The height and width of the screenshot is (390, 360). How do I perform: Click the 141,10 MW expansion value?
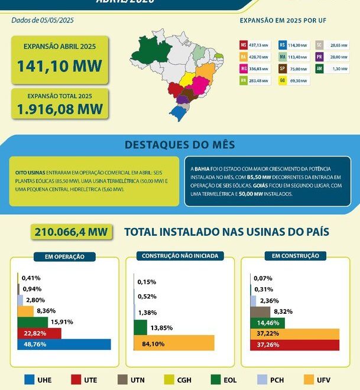(x=59, y=66)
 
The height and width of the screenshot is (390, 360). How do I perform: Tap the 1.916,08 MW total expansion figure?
(x=59, y=109)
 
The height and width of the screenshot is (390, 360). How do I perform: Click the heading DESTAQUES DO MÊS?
(x=180, y=145)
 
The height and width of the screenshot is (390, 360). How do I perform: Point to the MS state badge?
(x=244, y=44)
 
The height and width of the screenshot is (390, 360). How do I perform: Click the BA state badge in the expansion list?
(x=244, y=56)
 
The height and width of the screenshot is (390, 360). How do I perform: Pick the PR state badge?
(x=319, y=56)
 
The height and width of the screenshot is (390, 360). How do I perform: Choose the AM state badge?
(x=319, y=69)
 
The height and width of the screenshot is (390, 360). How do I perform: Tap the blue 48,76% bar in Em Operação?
(x=64, y=344)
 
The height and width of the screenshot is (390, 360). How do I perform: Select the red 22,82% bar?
(x=39, y=333)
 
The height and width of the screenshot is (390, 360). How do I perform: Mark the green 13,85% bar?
(x=140, y=327)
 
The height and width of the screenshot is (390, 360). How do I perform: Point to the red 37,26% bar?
(x=295, y=344)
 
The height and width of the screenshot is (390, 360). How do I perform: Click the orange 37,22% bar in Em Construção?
(x=295, y=334)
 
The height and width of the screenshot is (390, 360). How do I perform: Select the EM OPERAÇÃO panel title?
(x=60, y=257)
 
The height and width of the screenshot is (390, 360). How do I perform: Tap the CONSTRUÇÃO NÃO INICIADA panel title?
(x=180, y=256)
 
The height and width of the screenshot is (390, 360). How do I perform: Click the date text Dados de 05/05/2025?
(x=43, y=20)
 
